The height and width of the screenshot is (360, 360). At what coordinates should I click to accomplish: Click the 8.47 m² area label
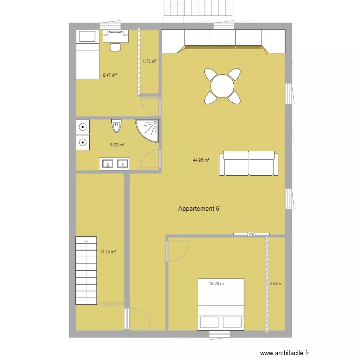click(110, 75)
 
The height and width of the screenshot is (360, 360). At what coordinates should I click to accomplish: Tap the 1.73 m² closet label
click(150, 61)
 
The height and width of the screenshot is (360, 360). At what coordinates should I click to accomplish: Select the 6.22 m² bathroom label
click(117, 144)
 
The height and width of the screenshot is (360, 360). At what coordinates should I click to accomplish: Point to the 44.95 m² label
click(201, 161)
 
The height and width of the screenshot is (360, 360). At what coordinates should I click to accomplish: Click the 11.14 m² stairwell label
click(108, 252)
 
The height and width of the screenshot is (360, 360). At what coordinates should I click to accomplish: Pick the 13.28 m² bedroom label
click(217, 284)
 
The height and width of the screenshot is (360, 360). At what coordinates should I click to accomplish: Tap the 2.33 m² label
click(276, 284)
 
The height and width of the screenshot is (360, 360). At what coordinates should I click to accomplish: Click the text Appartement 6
click(199, 209)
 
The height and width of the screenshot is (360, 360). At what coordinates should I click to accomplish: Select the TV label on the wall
click(251, 234)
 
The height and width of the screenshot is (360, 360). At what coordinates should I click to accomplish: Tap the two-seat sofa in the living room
click(249, 164)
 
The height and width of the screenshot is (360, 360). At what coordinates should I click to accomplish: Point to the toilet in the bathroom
click(117, 126)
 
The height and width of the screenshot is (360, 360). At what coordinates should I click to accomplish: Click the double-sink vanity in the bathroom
click(115, 164)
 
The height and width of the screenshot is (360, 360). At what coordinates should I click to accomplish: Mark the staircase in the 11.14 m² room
click(86, 271)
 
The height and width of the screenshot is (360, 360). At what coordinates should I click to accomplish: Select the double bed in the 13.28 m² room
click(221, 304)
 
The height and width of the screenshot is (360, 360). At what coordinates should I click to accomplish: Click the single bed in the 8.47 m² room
click(87, 54)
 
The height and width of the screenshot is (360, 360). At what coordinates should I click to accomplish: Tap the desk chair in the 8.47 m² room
click(115, 47)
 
